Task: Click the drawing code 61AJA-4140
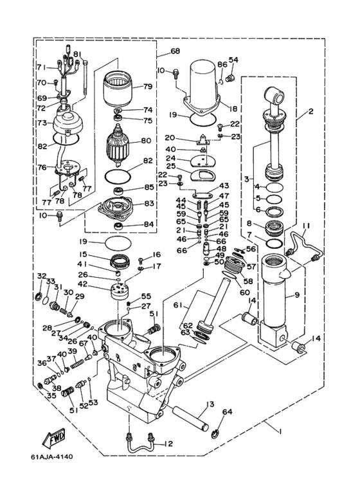pos(52,456)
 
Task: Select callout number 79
pos(148,86)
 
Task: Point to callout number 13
pos(210,404)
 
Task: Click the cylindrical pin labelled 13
pos(190,418)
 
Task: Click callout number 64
pos(227,411)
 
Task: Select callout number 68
pos(175,51)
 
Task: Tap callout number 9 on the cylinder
pos(296,295)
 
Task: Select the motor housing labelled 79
pos(117,90)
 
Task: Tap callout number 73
pos(42,122)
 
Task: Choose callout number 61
pos(178,305)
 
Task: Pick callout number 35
pos(51,395)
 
